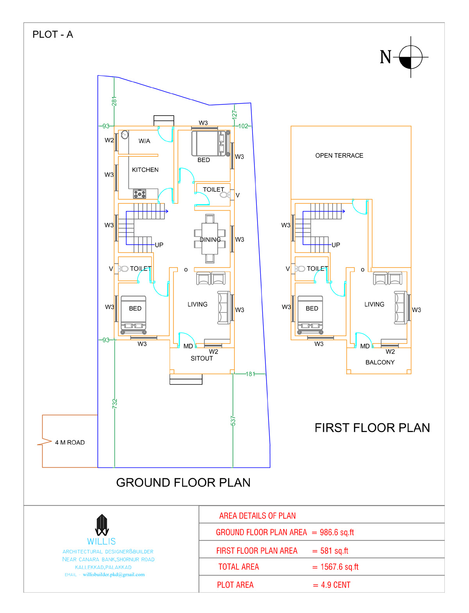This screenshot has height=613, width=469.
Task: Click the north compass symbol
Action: [410, 57]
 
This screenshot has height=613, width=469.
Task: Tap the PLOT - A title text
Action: [52, 34]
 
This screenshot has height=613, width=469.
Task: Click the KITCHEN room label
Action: [145, 170]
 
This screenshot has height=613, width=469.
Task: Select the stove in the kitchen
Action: [140, 194]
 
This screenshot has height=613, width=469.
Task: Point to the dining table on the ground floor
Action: [209, 239]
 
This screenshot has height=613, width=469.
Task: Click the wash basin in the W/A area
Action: [124, 135]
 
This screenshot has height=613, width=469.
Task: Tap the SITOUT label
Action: [202, 358]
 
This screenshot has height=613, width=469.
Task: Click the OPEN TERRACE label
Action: [339, 155]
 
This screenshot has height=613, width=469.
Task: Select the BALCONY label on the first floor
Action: [380, 362]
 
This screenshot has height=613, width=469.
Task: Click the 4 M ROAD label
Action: [70, 442]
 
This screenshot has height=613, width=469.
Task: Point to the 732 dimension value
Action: [115, 404]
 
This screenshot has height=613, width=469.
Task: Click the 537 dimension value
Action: [233, 421]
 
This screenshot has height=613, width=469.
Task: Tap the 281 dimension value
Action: [114, 101]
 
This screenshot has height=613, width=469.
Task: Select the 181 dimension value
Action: [250, 374]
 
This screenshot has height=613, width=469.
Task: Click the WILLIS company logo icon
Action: [102, 525]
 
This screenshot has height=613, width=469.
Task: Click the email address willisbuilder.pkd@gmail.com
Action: [114, 574]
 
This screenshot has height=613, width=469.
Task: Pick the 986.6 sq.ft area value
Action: [337, 532]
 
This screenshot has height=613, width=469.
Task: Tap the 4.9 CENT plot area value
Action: [335, 585]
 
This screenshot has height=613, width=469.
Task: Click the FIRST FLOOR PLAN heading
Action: [372, 427]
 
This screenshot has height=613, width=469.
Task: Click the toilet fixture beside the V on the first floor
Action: [300, 269]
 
